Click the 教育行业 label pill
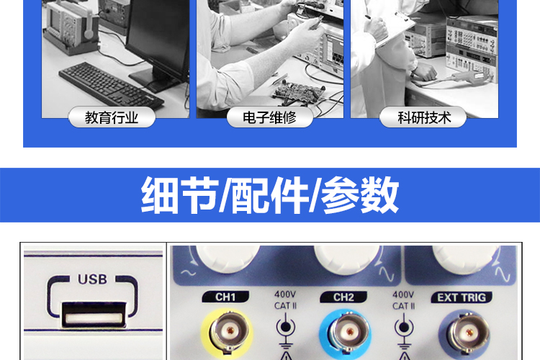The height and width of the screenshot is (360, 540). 112,117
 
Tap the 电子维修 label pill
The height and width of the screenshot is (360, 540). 270,117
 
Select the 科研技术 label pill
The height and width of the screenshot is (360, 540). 423,117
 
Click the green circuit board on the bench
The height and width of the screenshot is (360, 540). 299,91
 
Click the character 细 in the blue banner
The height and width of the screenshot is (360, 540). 161,195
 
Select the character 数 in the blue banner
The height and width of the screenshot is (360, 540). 379,195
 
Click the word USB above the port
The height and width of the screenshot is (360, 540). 92,279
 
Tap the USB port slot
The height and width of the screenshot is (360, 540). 94,314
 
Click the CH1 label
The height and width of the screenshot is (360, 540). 225,297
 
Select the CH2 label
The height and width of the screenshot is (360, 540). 343,297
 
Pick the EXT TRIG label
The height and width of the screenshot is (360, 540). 462,297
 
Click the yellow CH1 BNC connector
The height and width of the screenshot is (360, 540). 227,333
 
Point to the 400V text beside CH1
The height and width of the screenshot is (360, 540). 285,294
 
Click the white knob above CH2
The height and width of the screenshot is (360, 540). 347,259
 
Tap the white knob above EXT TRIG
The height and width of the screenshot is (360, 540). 466,259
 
